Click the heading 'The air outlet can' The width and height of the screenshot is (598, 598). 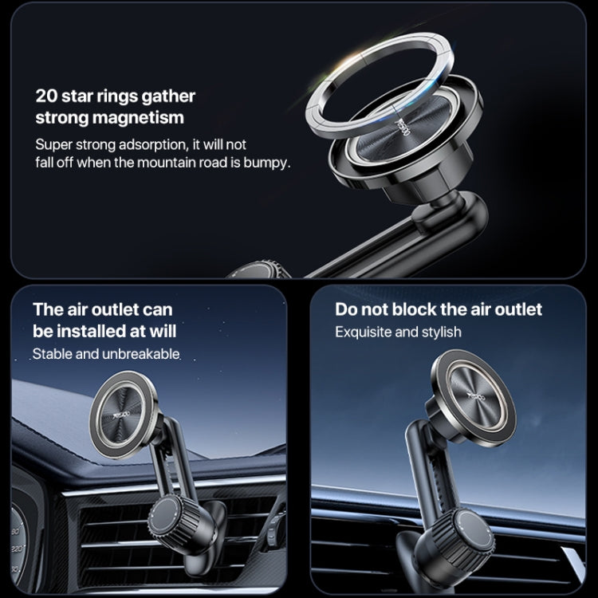pyautogui.click(x=102, y=309)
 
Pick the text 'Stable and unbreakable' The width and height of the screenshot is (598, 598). pyautogui.click(x=106, y=353)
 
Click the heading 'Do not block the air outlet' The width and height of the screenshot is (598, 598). pyautogui.click(x=438, y=309)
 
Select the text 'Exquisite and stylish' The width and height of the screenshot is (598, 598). pyautogui.click(x=398, y=332)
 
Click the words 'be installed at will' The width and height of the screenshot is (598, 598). pyautogui.click(x=104, y=331)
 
